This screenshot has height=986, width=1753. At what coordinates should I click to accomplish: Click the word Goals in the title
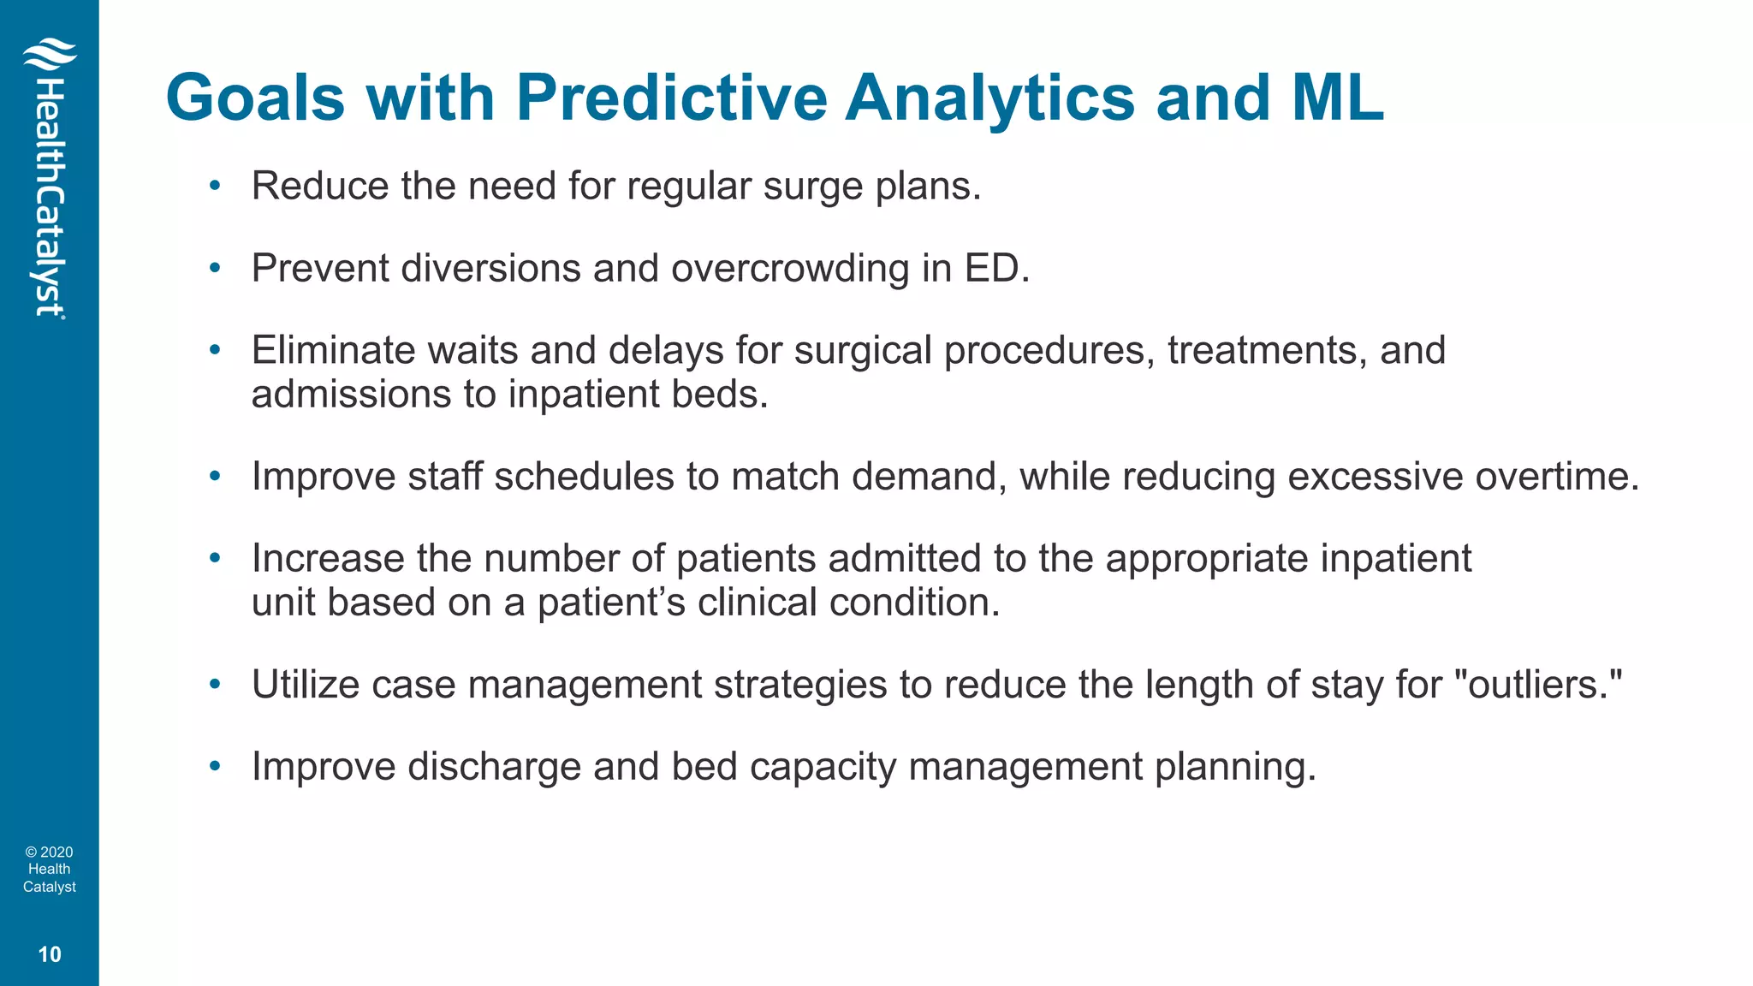[255, 98]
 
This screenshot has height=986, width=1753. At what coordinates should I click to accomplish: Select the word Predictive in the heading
[671, 98]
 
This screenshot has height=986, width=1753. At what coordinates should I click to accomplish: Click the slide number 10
[50, 954]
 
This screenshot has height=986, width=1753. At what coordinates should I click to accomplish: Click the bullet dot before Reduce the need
[215, 186]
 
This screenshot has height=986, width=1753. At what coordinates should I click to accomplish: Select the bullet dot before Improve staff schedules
[215, 476]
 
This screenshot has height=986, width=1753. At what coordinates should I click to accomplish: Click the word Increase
[328, 559]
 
